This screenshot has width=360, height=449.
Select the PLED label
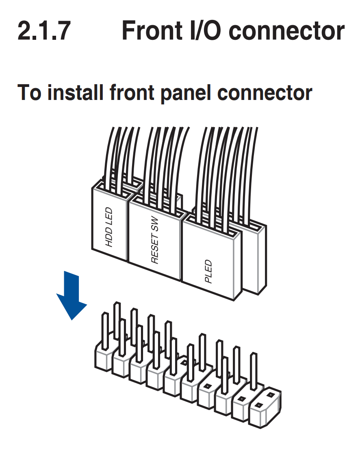208,272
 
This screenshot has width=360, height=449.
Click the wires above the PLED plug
228,163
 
